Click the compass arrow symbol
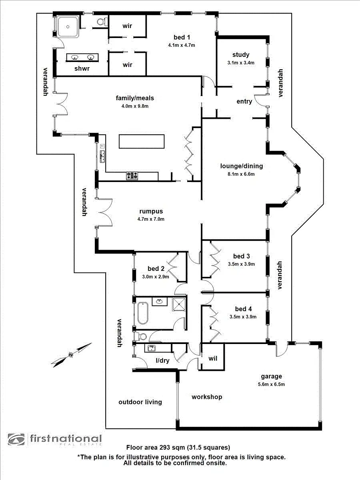[71, 354]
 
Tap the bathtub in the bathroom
[143, 314]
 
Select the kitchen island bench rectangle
[141, 142]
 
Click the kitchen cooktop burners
[132, 175]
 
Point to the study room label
[241, 55]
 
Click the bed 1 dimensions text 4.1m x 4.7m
[182, 45]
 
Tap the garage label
[272, 376]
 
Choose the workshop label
[207, 397]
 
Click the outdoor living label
[140, 402]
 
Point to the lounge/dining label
[242, 166]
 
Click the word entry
[244, 101]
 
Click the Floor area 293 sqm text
[178, 448]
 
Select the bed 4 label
[243, 309]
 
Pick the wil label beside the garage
[212, 358]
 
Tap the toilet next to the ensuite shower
[102, 21]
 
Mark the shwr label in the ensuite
[82, 68]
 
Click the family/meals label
[135, 98]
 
